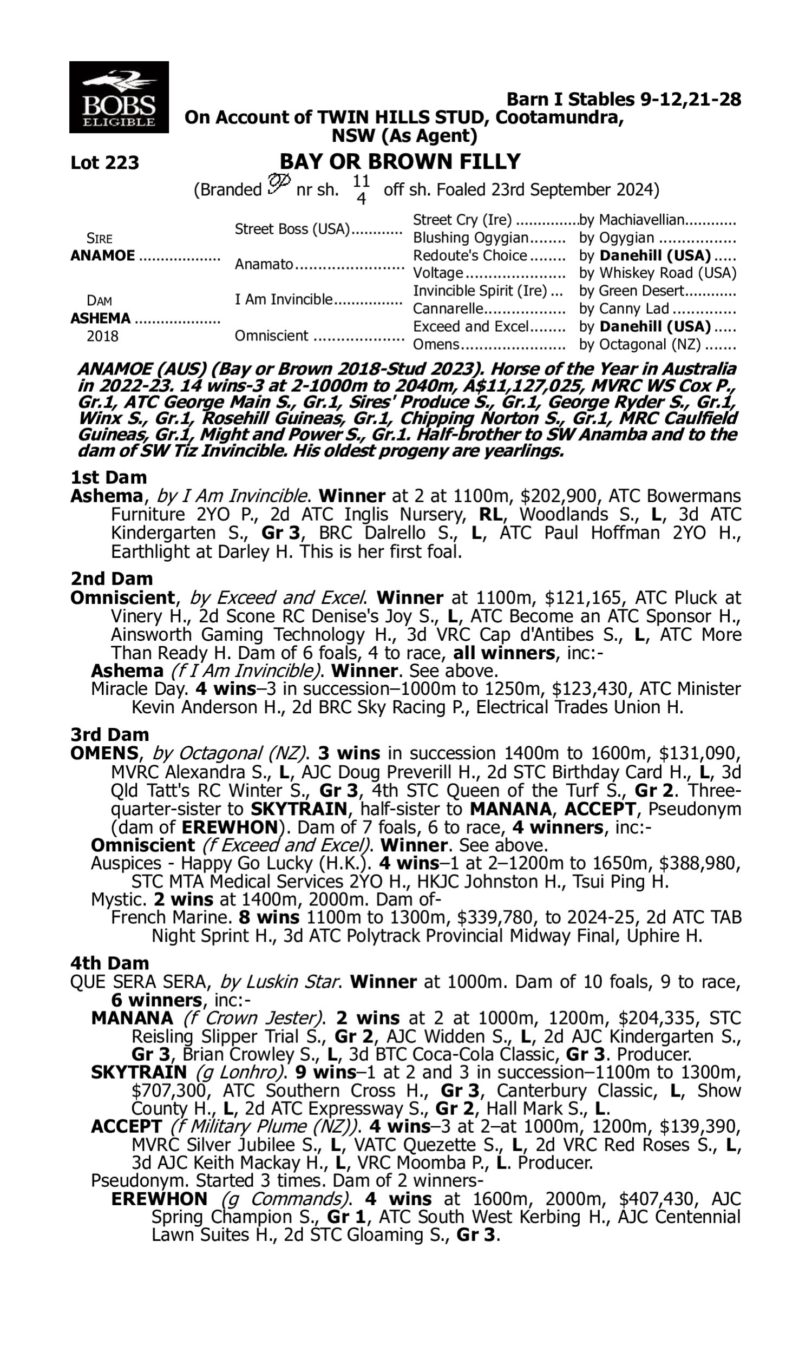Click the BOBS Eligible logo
tap(119, 97)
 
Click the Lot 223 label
tap(104, 163)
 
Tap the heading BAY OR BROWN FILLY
tap(400, 162)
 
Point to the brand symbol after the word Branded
tap(278, 184)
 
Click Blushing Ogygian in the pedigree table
tap(470, 238)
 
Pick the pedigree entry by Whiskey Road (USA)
tap(657, 273)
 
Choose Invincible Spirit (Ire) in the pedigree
tap(480, 291)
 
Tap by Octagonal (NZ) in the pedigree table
tap(640, 345)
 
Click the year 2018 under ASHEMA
tap(102, 336)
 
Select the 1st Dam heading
tap(108, 477)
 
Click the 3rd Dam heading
tap(109, 734)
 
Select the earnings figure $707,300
tap(171, 1091)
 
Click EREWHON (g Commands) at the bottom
tap(159, 1199)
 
